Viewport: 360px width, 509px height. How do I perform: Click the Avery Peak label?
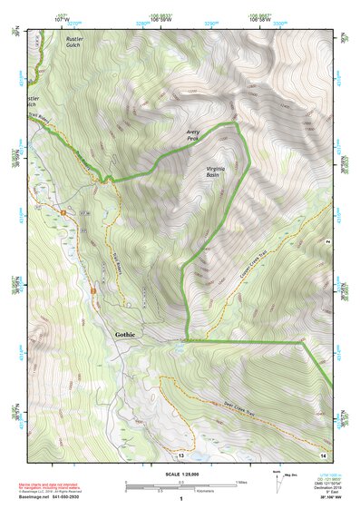[x=192, y=133]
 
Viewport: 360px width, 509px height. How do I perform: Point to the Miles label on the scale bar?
[x=240, y=482]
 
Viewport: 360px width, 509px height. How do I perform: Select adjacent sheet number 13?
[x=180, y=454]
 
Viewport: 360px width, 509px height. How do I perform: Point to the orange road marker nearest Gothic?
[x=92, y=289]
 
